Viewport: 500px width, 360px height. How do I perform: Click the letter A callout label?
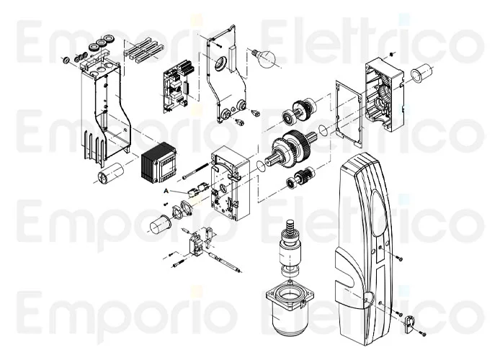166,191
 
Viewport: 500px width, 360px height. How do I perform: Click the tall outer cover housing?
362,238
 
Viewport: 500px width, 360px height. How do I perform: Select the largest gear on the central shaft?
297,148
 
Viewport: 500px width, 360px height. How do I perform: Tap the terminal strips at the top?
141,51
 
